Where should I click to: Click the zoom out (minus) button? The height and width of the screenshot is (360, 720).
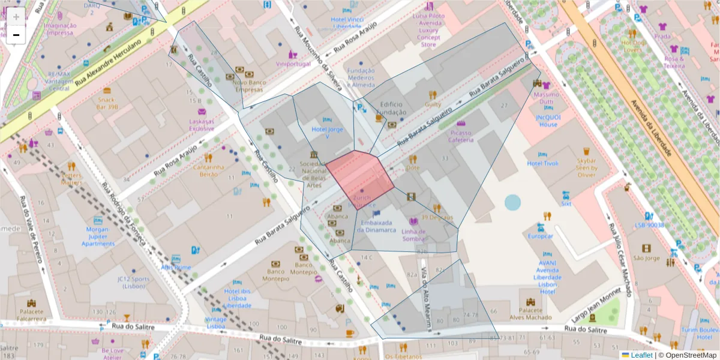click(16, 35)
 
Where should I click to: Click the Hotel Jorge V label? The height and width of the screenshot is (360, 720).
click(328, 133)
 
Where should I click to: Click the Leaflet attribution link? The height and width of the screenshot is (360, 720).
click(641, 355)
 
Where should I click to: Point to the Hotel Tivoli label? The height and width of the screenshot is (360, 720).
click(542, 163)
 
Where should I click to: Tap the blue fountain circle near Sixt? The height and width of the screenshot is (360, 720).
click(513, 202)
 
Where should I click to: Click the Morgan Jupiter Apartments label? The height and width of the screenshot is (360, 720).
click(98, 236)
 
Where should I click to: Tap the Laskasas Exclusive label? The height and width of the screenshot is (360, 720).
click(202, 125)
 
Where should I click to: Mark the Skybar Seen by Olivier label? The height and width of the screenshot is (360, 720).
click(587, 168)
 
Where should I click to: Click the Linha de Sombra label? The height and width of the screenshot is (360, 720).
click(413, 235)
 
